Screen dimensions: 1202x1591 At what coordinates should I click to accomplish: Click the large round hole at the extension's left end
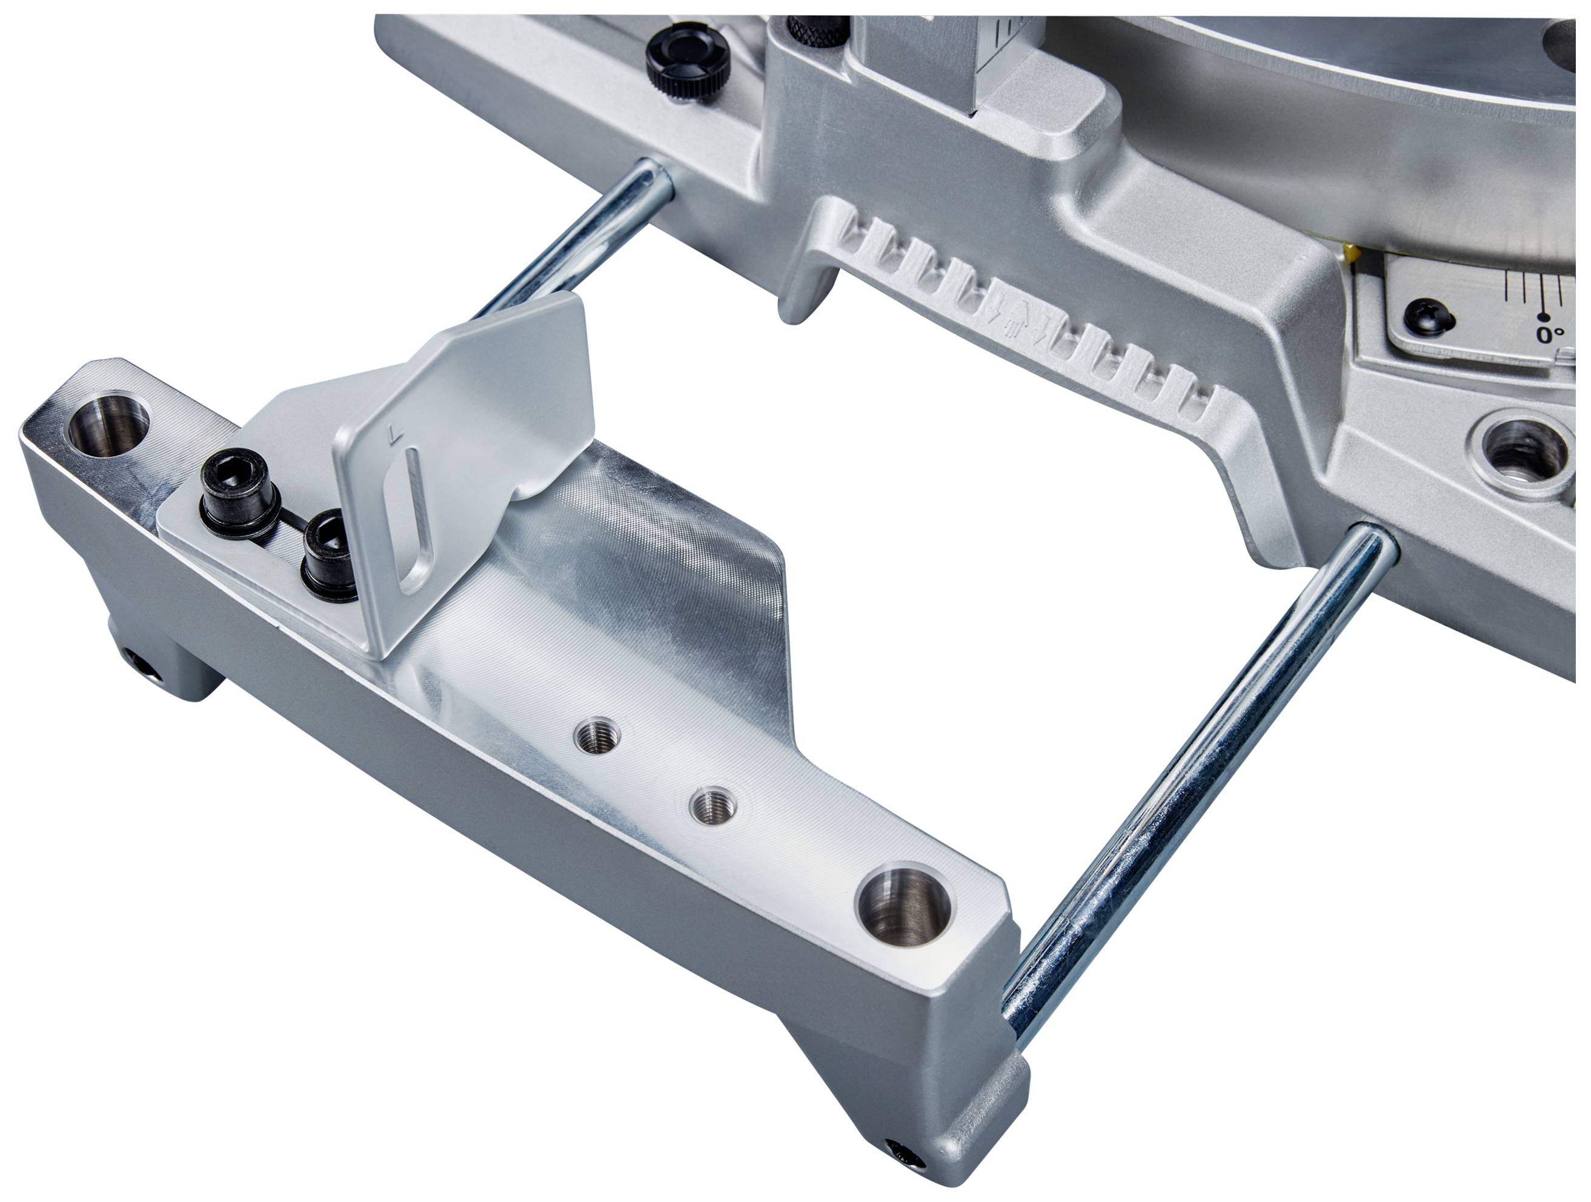click(x=108, y=422)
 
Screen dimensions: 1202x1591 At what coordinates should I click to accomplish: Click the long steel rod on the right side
click(x=1194, y=777)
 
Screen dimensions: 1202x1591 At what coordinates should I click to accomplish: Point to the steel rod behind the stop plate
click(x=576, y=241)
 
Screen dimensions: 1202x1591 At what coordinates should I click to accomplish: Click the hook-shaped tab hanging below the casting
click(x=806, y=288)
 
